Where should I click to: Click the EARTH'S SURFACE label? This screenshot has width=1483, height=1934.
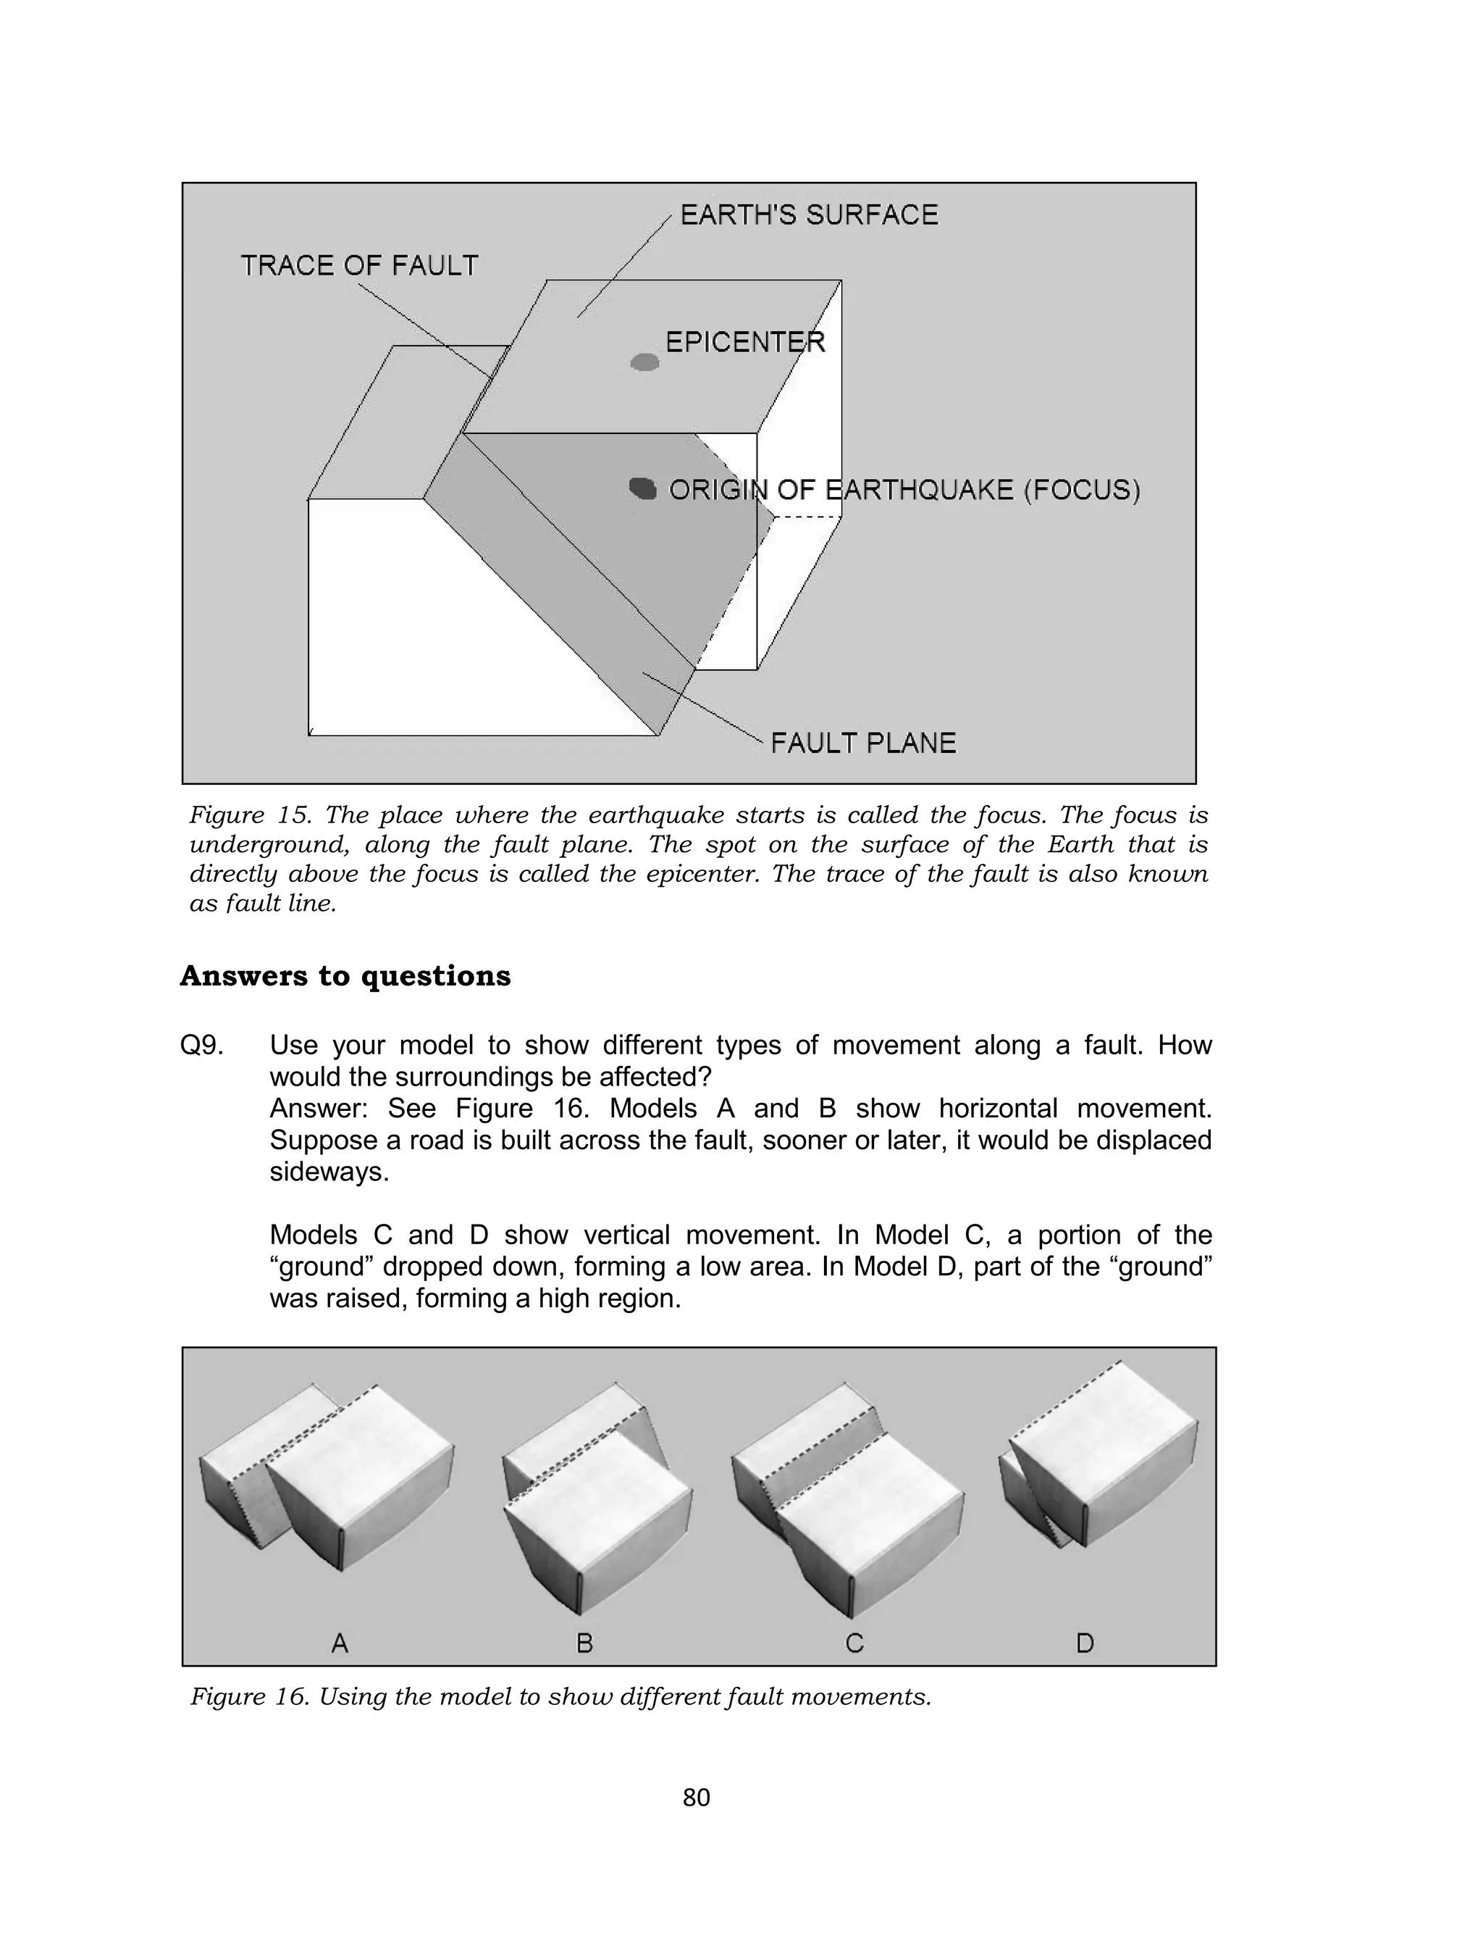tap(809, 214)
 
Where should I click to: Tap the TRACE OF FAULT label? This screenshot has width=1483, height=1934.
tap(359, 266)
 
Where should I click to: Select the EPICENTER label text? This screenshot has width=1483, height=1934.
tap(745, 342)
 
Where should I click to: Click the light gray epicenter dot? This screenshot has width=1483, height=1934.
tap(645, 362)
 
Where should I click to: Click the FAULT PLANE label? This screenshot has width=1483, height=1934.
tap(863, 743)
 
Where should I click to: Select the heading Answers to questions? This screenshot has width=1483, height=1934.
tap(345, 976)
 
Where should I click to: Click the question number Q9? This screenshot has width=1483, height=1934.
tap(201, 1046)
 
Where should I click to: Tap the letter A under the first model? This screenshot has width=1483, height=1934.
tap(340, 1643)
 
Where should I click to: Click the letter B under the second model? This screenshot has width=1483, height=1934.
tap(584, 1643)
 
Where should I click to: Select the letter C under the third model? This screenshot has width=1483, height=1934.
tap(854, 1643)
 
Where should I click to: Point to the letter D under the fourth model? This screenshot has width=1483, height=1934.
tap(1085, 1643)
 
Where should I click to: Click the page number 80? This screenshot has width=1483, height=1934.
tap(697, 1797)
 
